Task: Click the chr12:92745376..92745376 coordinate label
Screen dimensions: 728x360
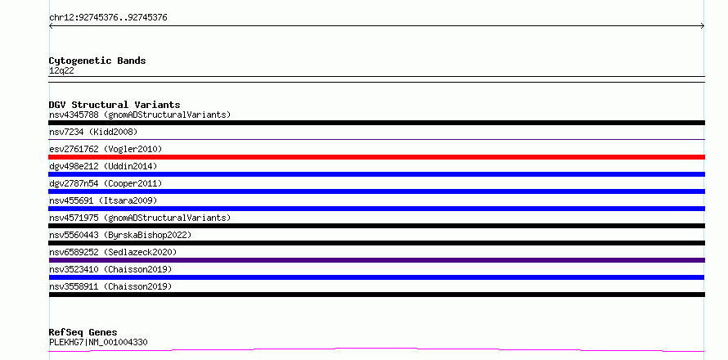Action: pos(108,18)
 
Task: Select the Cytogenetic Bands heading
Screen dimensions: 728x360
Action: pos(97,61)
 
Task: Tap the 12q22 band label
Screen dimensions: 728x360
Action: pos(61,70)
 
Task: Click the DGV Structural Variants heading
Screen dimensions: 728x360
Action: pos(115,105)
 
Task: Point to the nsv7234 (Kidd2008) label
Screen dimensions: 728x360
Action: pos(93,132)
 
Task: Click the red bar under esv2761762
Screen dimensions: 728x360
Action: pos(376,157)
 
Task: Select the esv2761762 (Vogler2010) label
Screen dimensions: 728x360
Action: pos(106,149)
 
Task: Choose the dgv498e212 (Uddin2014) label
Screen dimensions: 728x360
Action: pos(103,166)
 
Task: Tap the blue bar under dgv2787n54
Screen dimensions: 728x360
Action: pos(376,191)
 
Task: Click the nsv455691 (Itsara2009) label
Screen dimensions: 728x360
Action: pos(103,200)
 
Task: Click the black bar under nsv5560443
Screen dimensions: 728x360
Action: pos(376,243)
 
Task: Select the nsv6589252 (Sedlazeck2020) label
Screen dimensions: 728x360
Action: pos(113,252)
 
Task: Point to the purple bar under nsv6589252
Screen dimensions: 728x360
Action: pos(376,260)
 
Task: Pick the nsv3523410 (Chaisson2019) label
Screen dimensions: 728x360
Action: pos(110,269)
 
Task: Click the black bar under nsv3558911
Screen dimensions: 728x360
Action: pos(376,295)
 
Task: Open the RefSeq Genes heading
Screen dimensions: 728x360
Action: pos(83,332)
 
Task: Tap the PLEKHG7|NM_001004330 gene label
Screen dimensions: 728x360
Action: pos(98,342)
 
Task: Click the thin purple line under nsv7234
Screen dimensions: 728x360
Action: pos(376,139)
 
